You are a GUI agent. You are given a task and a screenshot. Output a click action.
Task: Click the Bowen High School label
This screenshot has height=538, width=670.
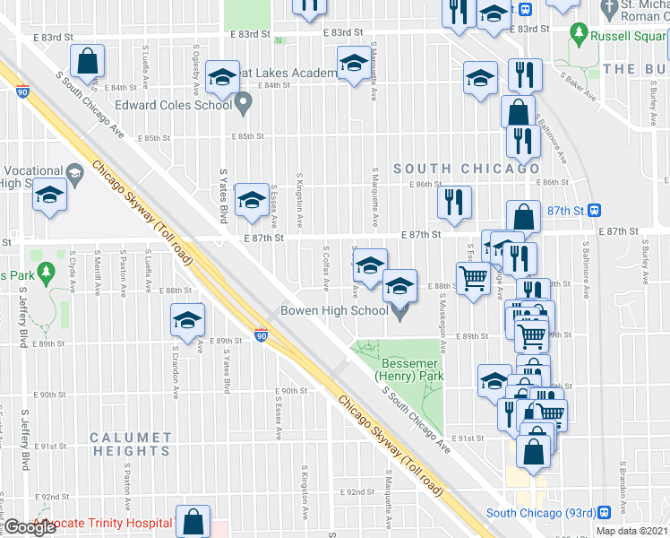point(334,311)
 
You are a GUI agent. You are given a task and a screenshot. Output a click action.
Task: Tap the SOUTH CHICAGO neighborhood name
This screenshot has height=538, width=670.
point(467,169)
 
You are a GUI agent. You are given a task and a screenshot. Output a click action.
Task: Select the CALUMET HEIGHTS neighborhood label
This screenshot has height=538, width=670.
point(130,445)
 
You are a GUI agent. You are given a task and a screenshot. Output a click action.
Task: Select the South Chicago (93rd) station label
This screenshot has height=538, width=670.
point(540,514)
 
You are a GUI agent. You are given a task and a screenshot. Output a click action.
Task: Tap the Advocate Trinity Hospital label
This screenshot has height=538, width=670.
point(102,523)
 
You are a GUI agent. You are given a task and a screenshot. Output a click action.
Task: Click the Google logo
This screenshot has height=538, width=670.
point(30,527)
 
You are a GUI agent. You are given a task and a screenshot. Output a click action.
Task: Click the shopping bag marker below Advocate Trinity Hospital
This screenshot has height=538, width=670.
point(193,522)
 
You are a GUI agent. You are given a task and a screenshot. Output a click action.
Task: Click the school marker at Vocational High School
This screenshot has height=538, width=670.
point(50,195)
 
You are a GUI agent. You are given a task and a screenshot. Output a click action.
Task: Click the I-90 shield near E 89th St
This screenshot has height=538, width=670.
point(260,334)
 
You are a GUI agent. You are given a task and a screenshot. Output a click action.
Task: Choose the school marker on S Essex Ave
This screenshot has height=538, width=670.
point(252,201)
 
